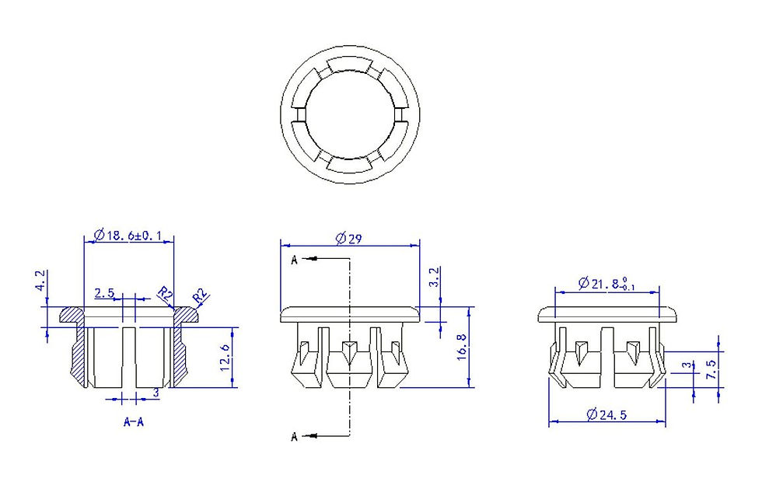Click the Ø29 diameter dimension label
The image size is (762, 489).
[x=349, y=238]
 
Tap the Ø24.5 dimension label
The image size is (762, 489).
[x=606, y=414]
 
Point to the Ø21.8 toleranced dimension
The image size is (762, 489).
[x=606, y=284]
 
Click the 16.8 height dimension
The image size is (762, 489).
[x=462, y=346]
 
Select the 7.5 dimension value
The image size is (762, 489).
[x=711, y=369]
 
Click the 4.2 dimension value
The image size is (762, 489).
[x=40, y=281]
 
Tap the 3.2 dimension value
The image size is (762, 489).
[x=435, y=277]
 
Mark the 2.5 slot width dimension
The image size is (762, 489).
[x=104, y=292]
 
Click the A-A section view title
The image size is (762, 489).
[x=134, y=422]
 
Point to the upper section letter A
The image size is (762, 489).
[x=294, y=260]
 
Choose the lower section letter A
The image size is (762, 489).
[x=294, y=437]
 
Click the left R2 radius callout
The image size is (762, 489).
[x=165, y=294]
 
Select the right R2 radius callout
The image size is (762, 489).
[x=201, y=296]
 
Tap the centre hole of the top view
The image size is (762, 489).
[x=350, y=115]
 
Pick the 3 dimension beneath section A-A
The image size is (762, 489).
[x=156, y=393]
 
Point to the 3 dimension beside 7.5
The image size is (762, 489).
[x=686, y=365]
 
